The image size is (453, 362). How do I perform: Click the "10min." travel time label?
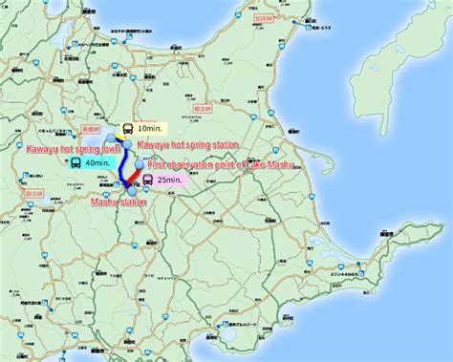149,128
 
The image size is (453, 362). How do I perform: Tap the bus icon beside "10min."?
127,128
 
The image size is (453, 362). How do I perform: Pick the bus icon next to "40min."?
75,162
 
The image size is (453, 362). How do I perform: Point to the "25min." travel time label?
171,180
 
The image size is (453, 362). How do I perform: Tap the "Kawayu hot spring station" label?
187,144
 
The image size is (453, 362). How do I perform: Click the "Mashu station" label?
119,202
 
